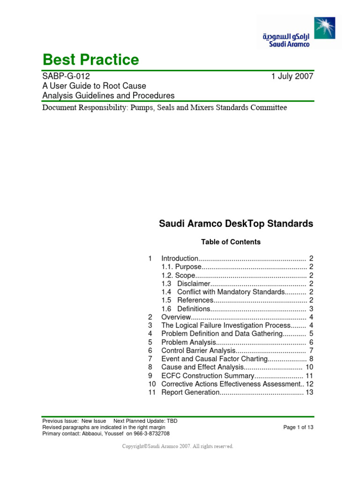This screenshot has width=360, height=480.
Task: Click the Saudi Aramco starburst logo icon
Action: tap(324, 28)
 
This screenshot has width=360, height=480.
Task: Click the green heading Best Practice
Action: tap(90, 60)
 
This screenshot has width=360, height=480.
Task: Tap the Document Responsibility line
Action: tap(165, 108)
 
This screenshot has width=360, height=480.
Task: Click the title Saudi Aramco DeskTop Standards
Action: tap(236, 224)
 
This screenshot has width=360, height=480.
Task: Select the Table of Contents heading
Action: tap(231, 242)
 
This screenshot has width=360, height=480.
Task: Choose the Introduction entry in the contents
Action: tap(180, 258)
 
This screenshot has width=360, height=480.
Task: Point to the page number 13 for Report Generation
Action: tap(309, 392)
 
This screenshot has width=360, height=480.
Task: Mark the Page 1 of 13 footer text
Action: tap(299, 427)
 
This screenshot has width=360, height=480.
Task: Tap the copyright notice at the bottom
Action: tap(178, 446)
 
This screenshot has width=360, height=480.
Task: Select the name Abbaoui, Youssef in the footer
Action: tap(98, 434)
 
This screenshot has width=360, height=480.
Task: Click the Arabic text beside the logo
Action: tap(285, 36)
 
